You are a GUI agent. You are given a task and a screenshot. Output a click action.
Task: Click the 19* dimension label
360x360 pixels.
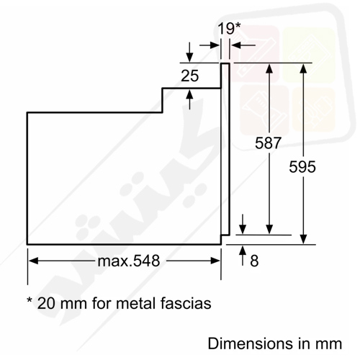click(229, 28)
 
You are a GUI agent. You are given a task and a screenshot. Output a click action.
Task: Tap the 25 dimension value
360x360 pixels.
click(190, 76)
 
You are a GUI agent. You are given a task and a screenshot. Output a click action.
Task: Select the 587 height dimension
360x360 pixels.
click(268, 143)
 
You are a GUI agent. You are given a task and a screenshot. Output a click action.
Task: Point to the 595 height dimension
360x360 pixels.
click(302, 167)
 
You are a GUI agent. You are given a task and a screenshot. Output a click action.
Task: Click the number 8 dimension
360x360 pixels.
click(254, 261)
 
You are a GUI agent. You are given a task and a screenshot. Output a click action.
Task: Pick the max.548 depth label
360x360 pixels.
click(129, 261)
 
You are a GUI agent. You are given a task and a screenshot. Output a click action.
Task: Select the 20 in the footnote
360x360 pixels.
click(47, 303)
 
